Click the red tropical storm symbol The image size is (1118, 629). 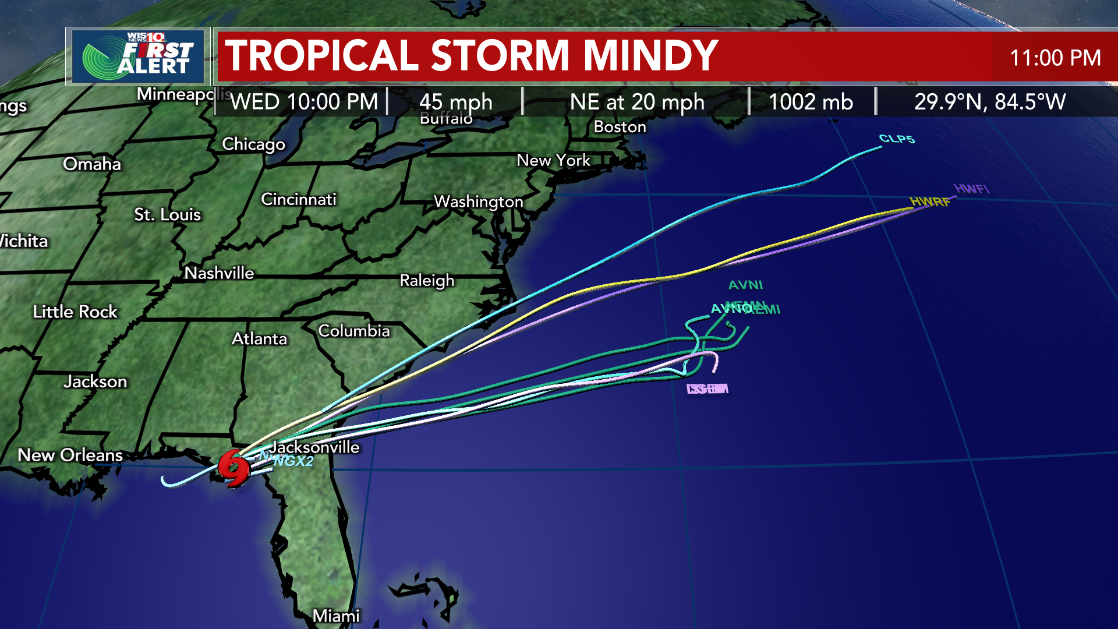(x=234, y=468)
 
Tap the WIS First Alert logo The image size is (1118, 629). (x=138, y=56)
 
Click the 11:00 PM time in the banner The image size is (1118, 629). (x=1055, y=58)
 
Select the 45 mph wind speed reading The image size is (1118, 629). (x=455, y=102)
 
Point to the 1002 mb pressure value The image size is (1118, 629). (x=811, y=102)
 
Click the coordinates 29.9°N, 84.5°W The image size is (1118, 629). (x=989, y=102)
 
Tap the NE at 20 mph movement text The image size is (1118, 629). (x=637, y=102)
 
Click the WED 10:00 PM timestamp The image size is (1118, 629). (x=304, y=102)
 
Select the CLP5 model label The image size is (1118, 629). (x=897, y=139)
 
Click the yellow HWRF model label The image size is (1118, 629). (x=929, y=202)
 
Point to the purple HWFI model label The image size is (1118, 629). (x=971, y=189)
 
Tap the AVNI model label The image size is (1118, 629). (x=745, y=285)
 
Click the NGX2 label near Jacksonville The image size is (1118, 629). (x=293, y=461)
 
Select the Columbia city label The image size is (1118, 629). (x=354, y=331)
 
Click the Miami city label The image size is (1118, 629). (x=336, y=616)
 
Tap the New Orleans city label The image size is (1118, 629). (x=70, y=455)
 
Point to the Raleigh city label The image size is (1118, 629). (x=427, y=280)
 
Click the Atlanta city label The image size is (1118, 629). (x=259, y=338)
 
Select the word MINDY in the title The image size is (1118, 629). (x=650, y=56)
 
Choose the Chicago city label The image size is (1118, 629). (x=253, y=144)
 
